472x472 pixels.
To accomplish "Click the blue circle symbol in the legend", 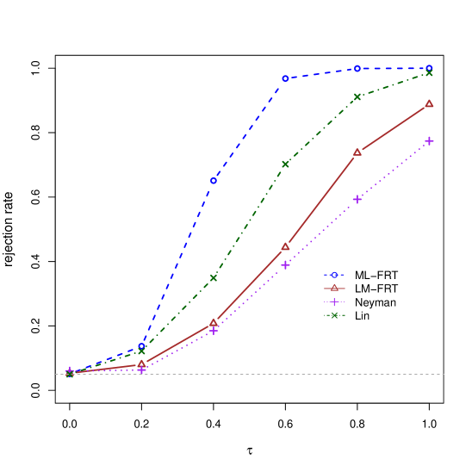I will click(x=334, y=275).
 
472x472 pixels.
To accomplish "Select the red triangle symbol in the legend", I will click(x=334, y=288).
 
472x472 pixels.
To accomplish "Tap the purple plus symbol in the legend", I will click(x=334, y=301).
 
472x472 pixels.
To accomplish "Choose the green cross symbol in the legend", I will click(x=334, y=315).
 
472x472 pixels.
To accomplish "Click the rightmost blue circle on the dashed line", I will click(x=429, y=68).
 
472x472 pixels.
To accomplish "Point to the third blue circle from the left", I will click(x=214, y=180).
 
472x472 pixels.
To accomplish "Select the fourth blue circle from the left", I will click(x=285, y=78).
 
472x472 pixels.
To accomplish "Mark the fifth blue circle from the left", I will click(x=357, y=68).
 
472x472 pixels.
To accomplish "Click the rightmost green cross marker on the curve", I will click(x=429, y=73).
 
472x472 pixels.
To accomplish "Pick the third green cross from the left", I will click(x=214, y=277).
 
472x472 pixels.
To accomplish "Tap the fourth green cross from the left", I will click(x=285, y=164).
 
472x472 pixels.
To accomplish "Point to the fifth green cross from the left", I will click(x=357, y=96).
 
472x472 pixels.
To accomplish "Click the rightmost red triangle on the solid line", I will click(x=429, y=104).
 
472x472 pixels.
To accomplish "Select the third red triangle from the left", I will click(x=214, y=323).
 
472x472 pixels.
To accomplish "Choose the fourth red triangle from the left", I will click(x=285, y=246).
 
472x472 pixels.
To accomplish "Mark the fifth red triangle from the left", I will click(x=357, y=152).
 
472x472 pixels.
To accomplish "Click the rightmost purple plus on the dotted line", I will click(x=429, y=140).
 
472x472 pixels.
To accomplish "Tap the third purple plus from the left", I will click(x=214, y=330).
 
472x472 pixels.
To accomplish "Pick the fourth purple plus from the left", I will click(x=285, y=264).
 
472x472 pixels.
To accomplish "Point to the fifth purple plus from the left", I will click(x=357, y=199).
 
